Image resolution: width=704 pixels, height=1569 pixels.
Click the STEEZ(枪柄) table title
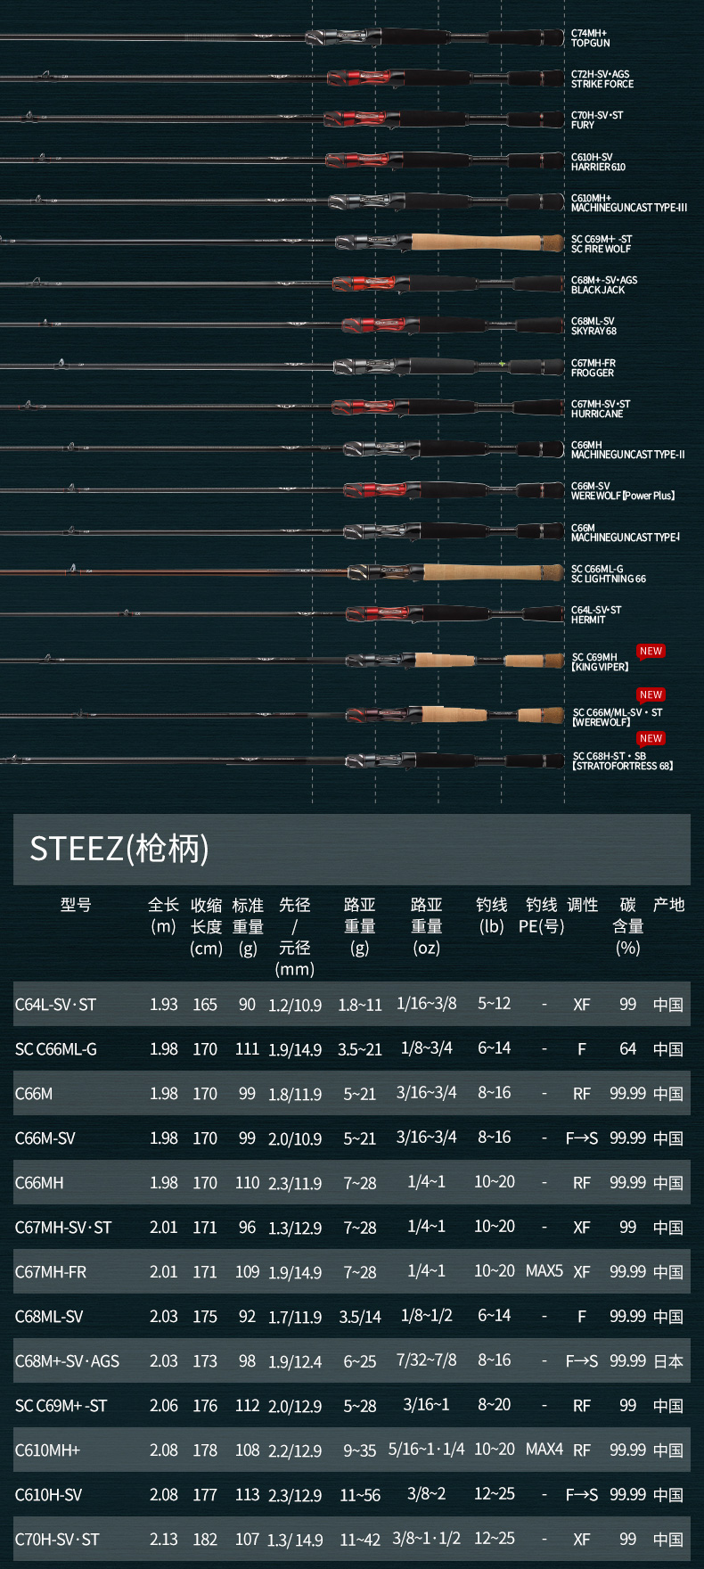pyautogui.click(x=119, y=848)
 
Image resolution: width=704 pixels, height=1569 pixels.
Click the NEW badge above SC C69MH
pyautogui.click(x=651, y=652)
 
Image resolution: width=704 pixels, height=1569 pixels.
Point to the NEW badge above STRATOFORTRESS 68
pyautogui.click(x=651, y=738)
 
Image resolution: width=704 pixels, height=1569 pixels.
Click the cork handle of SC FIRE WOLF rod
pyautogui.click(x=487, y=242)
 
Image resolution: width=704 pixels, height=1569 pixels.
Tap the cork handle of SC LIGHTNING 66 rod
pyautogui.click(x=492, y=571)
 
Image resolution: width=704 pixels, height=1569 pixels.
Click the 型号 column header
pyautogui.click(x=76, y=905)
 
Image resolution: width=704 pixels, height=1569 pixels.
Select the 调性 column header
pyautogui.click(x=582, y=905)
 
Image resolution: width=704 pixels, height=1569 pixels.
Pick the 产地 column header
pyautogui.click(x=668, y=905)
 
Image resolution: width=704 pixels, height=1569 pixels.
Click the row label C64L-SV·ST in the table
pyautogui.click(x=55, y=1005)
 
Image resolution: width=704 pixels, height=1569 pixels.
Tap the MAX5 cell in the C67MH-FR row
pyautogui.click(x=544, y=1270)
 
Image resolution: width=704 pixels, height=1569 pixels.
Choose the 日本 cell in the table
pyautogui.click(x=668, y=1361)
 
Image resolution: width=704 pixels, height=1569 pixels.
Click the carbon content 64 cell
pyautogui.click(x=627, y=1049)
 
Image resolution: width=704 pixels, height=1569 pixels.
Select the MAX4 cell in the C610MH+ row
pyautogui.click(x=544, y=1450)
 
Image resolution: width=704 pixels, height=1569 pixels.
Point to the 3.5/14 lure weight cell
pyautogui.click(x=359, y=1317)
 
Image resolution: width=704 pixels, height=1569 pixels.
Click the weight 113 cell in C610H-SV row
pyautogui.click(x=247, y=1494)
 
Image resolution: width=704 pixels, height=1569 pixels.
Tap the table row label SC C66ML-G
pyautogui.click(x=55, y=1049)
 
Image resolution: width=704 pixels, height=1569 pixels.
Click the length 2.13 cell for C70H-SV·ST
pyautogui.click(x=163, y=1540)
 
